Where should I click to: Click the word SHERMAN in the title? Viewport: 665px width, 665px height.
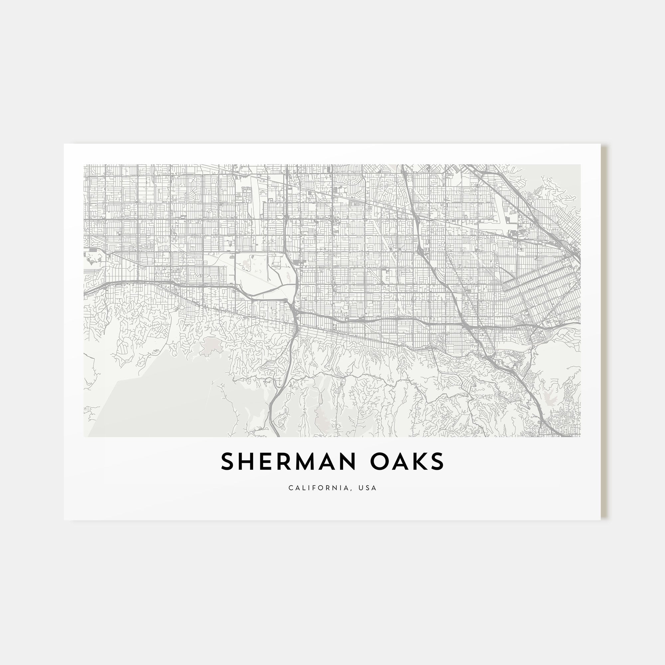288,462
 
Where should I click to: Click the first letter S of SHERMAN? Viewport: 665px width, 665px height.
227,462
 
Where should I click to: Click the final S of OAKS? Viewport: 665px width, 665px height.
438,462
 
